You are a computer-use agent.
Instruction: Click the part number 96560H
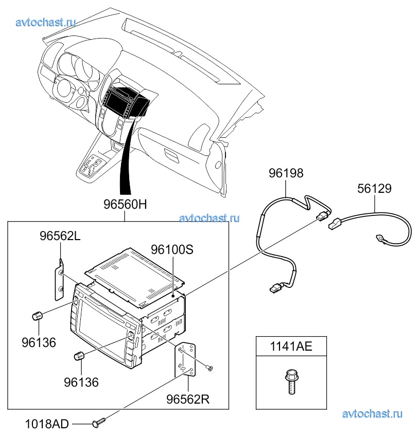tap(125, 204)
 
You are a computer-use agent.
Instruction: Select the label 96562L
tap(60, 236)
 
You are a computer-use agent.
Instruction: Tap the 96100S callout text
tap(172, 249)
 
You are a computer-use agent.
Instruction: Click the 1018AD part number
tap(47, 424)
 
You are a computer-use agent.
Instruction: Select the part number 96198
tap(286, 173)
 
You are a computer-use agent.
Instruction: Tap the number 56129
tap(374, 189)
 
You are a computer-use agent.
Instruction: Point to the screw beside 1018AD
tap(98, 423)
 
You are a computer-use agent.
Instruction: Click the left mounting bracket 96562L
tap(60, 280)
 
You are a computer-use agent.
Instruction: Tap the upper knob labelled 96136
tap(37, 316)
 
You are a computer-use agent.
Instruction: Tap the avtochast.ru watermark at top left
tap(46, 22)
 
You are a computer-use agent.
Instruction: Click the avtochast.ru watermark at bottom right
tap(372, 413)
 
